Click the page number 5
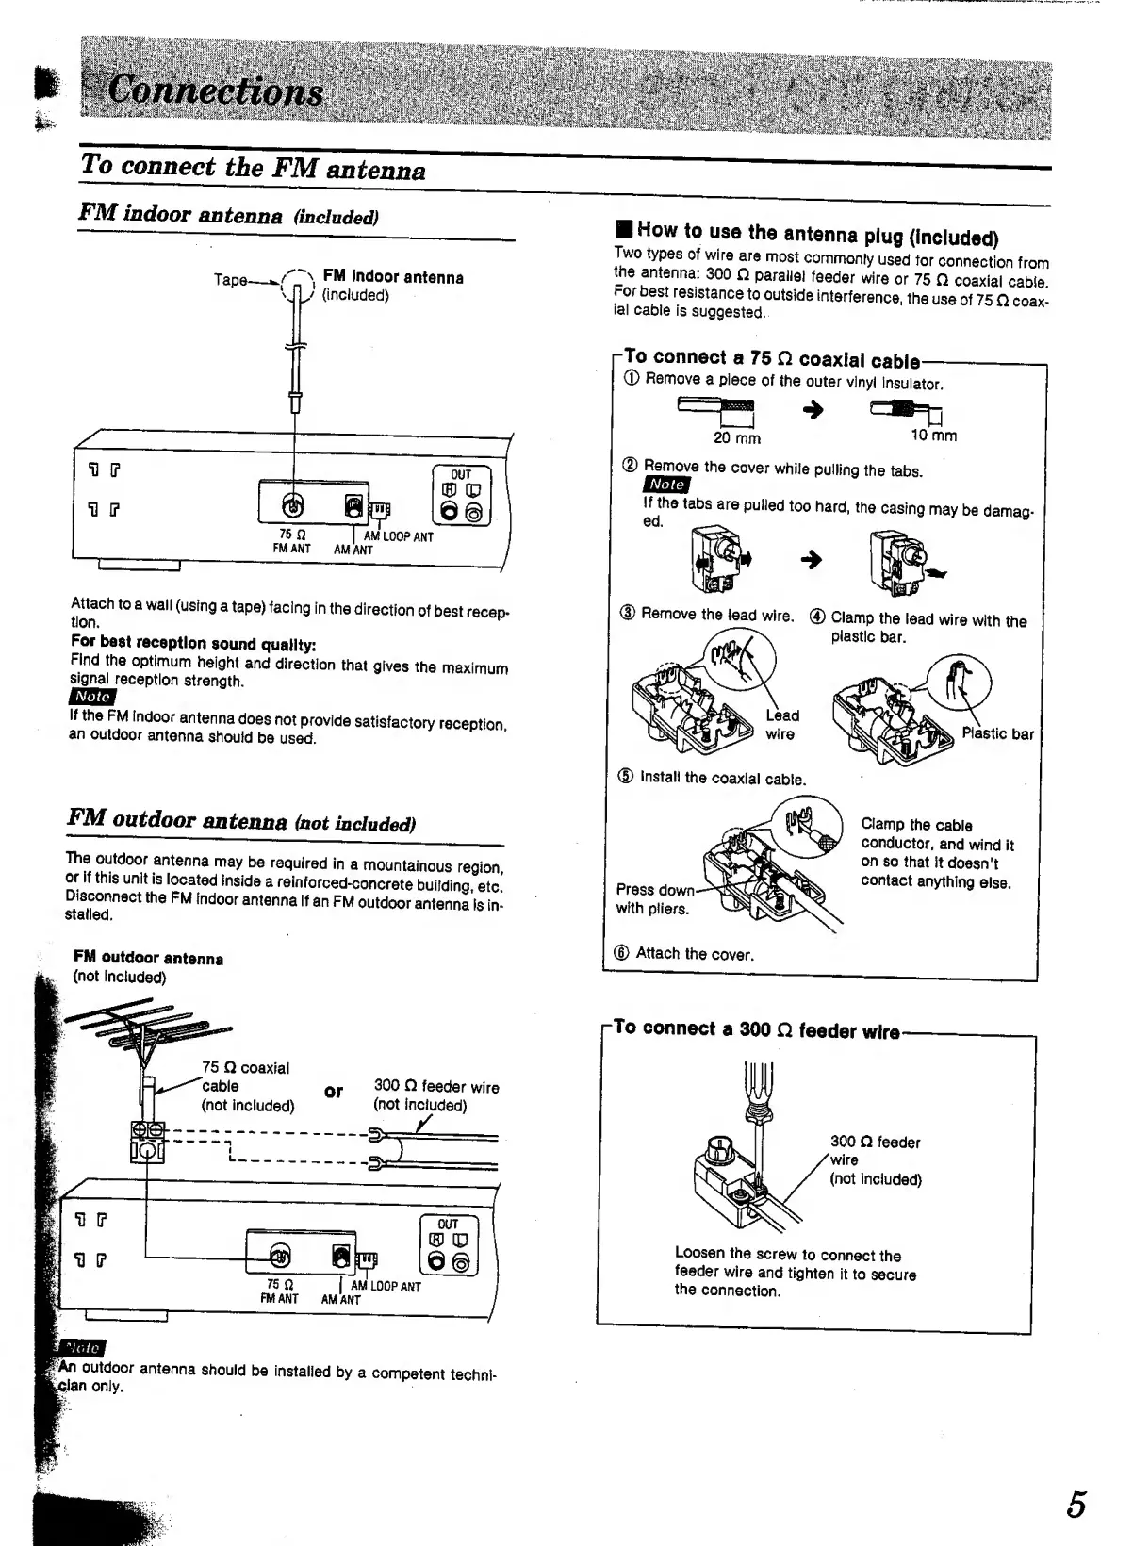[x=1076, y=1503]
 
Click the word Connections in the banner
[x=216, y=92]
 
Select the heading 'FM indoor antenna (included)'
[x=228, y=214]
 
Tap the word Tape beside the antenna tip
[x=231, y=280]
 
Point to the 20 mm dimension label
[x=736, y=438]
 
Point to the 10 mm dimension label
[x=933, y=435]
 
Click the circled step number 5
[x=625, y=778]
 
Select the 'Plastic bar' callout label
[x=997, y=733]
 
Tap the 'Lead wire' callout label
[x=781, y=725]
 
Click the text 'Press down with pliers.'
[x=654, y=899]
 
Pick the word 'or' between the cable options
[x=334, y=1092]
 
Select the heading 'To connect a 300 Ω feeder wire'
[x=756, y=1029]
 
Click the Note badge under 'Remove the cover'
[x=666, y=485]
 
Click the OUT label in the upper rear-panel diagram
[x=461, y=474]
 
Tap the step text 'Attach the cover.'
[x=695, y=954]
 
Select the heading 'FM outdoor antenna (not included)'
[x=241, y=821]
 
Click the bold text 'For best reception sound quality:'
[x=193, y=643]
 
